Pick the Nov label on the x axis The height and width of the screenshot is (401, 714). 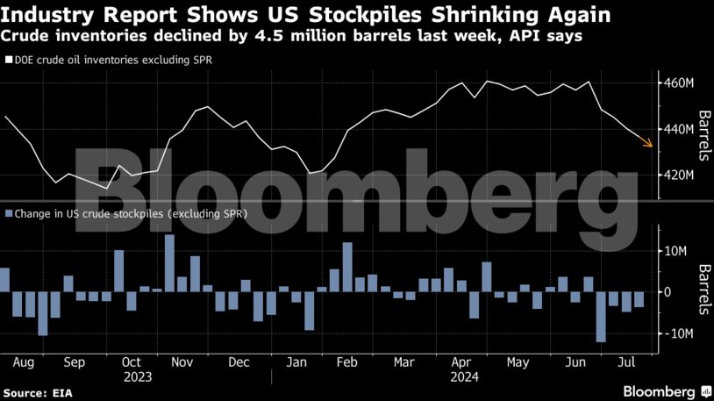click(182, 361)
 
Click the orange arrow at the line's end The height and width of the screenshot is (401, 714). click(646, 142)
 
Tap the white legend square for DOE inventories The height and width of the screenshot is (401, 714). click(8, 61)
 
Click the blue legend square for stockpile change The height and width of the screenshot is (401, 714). click(8, 213)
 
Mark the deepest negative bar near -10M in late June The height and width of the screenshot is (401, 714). click(601, 317)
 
